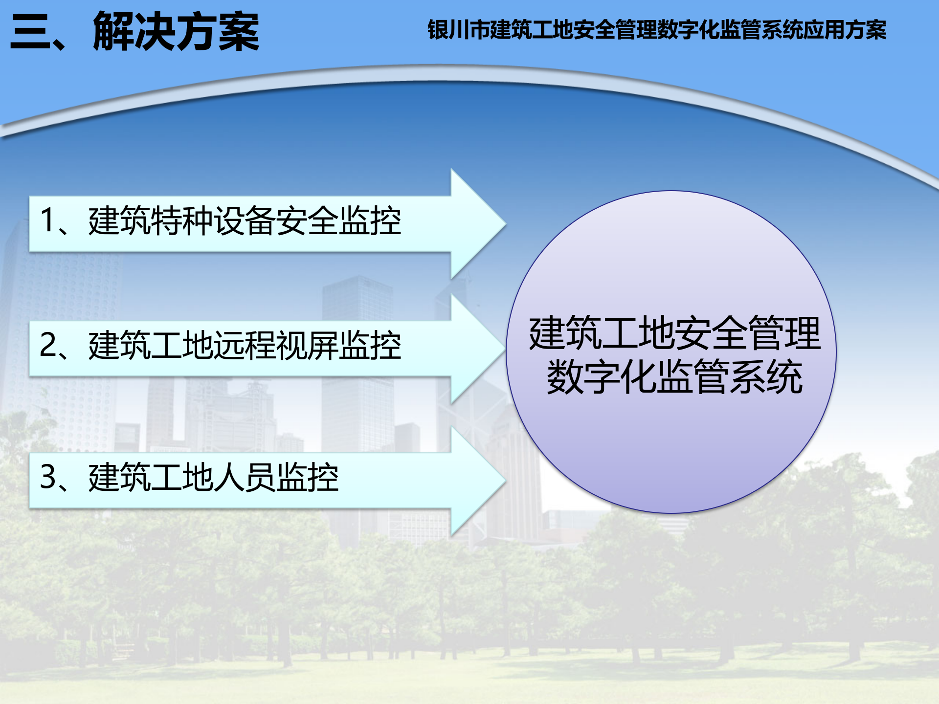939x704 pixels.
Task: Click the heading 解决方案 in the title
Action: (176, 32)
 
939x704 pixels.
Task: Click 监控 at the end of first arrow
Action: (370, 221)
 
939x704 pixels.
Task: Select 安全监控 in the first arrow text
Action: (339, 221)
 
